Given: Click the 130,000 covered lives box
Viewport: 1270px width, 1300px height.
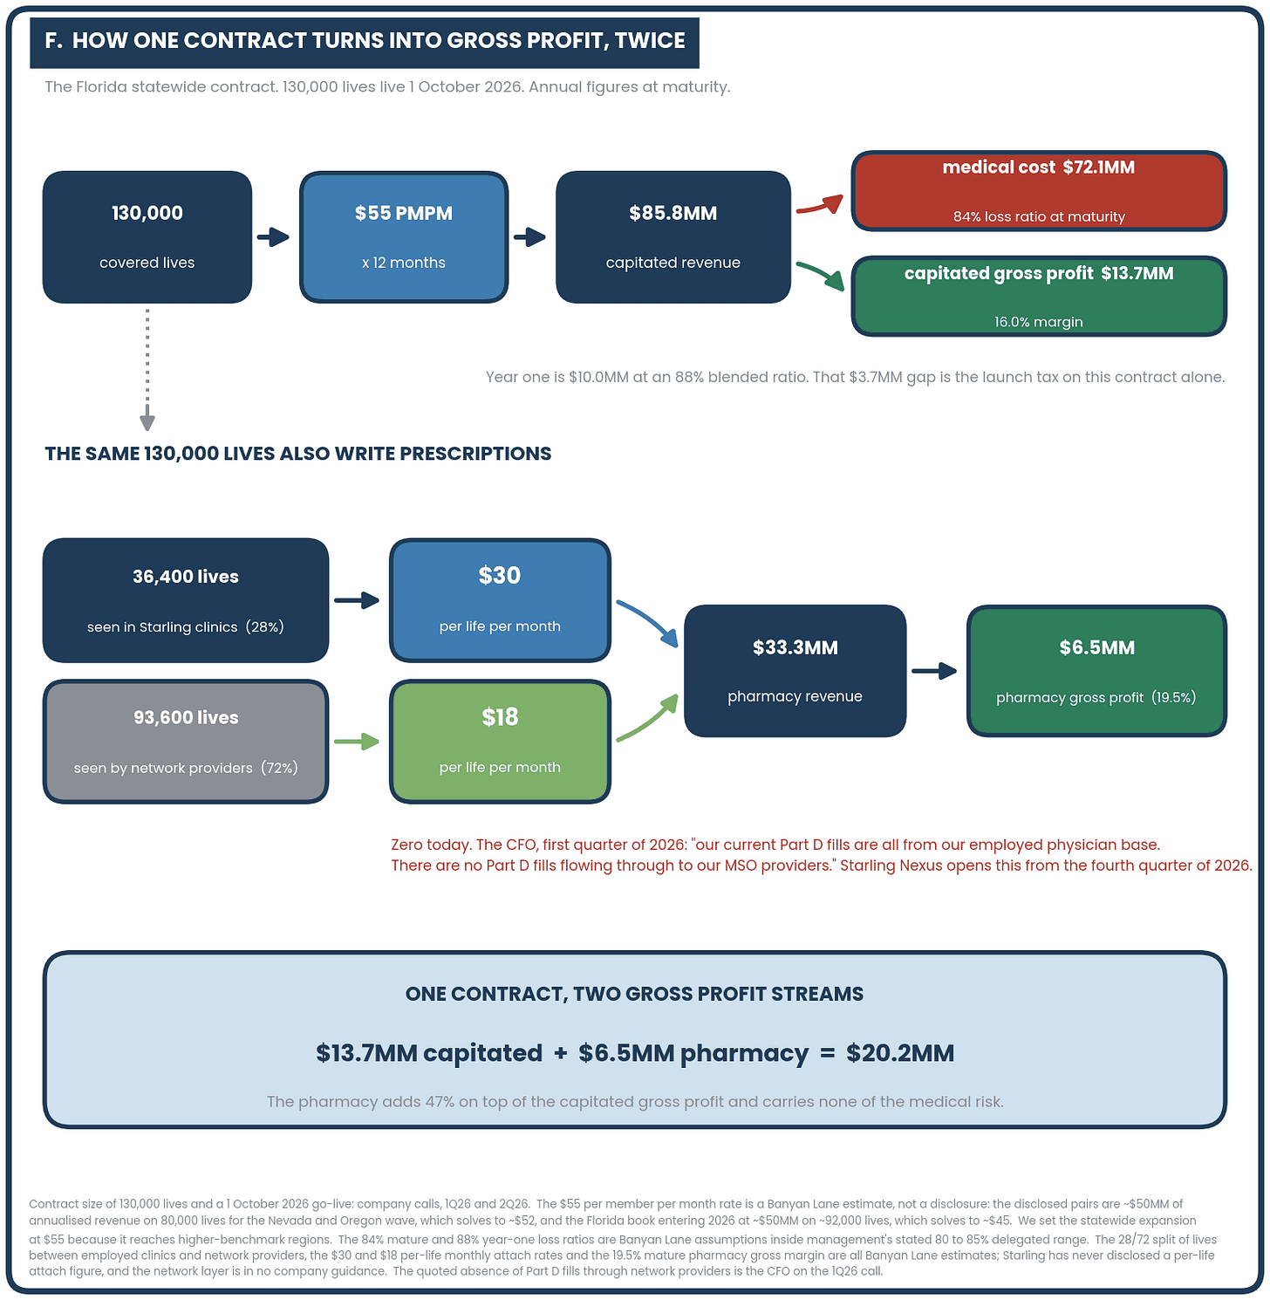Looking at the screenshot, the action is (147, 237).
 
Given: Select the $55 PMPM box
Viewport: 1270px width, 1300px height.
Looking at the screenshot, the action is (404, 237).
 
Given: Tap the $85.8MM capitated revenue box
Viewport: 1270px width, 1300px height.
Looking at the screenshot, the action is (673, 237).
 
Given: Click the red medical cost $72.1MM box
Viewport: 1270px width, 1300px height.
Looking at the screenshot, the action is (1039, 191).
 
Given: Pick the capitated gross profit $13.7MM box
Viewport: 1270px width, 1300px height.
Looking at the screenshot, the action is (1039, 296).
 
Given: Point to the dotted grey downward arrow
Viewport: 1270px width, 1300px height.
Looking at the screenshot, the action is (147, 370).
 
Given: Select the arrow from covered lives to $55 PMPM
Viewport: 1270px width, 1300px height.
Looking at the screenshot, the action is (273, 236).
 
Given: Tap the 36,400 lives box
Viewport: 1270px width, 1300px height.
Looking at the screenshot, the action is (186, 600).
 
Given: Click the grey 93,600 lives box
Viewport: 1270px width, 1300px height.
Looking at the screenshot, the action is (186, 742).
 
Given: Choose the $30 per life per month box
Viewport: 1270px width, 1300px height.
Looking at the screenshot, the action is (500, 600).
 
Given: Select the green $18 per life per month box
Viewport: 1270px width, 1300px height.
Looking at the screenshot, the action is (500, 742).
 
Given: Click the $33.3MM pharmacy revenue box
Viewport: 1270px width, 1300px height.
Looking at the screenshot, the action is (795, 671).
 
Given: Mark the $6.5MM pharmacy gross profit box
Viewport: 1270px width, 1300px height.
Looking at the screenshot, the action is (1097, 671).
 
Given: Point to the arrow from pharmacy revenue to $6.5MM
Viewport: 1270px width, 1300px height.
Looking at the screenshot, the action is (934, 671).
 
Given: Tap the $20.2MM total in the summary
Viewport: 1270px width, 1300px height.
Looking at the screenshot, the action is (900, 1053).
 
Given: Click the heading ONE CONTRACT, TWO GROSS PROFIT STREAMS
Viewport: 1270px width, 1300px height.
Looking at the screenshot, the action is (635, 994).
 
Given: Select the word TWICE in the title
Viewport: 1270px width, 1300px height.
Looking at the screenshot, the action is (650, 40).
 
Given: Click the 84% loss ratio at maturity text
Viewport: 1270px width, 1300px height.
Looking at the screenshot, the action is (1039, 216).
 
